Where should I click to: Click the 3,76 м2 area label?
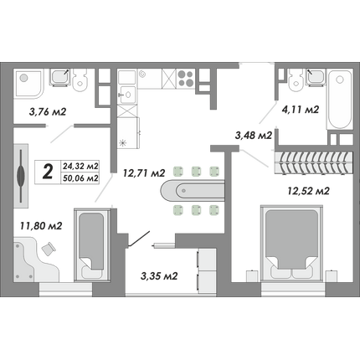(48, 112)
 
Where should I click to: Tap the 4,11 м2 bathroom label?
(301, 110)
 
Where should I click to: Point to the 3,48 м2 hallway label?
(254, 136)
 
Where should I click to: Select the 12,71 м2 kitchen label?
(144, 173)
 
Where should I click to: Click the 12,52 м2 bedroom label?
(309, 191)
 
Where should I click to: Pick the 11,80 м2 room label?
(41, 225)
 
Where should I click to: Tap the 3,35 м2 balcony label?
(159, 276)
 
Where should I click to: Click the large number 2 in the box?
(48, 172)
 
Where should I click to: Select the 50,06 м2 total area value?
(80, 177)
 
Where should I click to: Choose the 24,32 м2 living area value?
(80, 166)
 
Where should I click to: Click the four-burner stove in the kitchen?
(186, 79)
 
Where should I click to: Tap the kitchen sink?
(127, 95)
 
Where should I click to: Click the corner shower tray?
(28, 83)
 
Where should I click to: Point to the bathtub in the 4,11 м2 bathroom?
(339, 99)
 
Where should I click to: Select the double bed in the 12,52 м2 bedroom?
(291, 243)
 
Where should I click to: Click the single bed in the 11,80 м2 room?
(91, 245)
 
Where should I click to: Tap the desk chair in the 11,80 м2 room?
(49, 248)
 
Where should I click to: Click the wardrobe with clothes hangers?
(314, 162)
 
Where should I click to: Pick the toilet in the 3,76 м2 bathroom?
(80, 80)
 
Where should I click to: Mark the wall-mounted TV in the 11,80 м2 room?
(21, 176)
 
